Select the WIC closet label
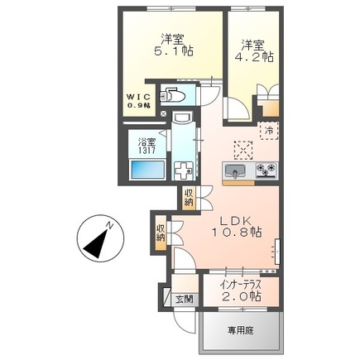pos(138,101)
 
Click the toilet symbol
pos(174,94)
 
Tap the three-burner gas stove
pos(266,172)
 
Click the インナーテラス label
pos(242,285)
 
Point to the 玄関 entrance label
pos(185,299)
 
